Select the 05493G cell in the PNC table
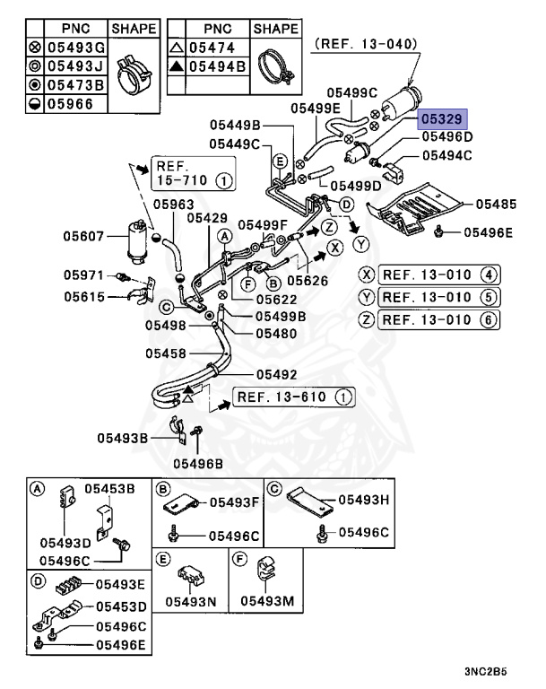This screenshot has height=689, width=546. [74, 48]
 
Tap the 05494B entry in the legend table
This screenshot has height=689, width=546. [217, 66]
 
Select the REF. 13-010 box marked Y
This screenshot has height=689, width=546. [438, 297]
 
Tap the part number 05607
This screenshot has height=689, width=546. [85, 237]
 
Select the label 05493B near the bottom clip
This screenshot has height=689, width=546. [123, 438]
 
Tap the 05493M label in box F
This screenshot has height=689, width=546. [269, 601]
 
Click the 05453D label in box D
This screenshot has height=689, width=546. [121, 606]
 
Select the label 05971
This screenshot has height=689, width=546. [85, 275]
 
